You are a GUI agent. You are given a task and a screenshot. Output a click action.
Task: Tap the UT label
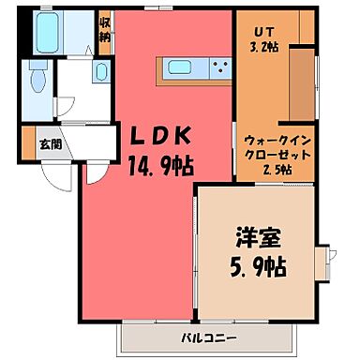pos(256,29)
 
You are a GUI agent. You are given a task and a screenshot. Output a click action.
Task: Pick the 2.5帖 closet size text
pos(274,169)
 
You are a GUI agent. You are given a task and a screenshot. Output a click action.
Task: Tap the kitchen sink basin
pos(178,67)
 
